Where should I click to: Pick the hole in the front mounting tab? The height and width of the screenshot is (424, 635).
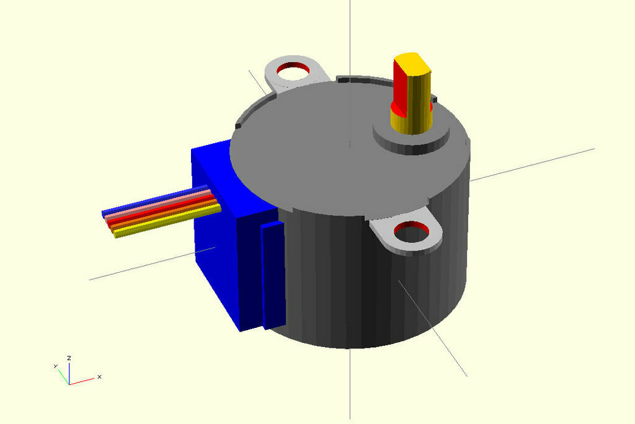pyautogui.click(x=411, y=234)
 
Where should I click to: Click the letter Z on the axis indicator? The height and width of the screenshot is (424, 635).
pyautogui.click(x=69, y=358)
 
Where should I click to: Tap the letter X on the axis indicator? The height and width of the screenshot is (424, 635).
pyautogui.click(x=99, y=376)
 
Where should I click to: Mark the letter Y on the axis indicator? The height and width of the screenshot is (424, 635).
pyautogui.click(x=55, y=366)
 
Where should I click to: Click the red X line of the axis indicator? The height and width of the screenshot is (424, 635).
pyautogui.click(x=82, y=380)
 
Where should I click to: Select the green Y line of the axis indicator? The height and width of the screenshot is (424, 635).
pyautogui.click(x=63, y=376)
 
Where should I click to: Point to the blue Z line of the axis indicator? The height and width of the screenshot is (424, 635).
pyautogui.click(x=69, y=372)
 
